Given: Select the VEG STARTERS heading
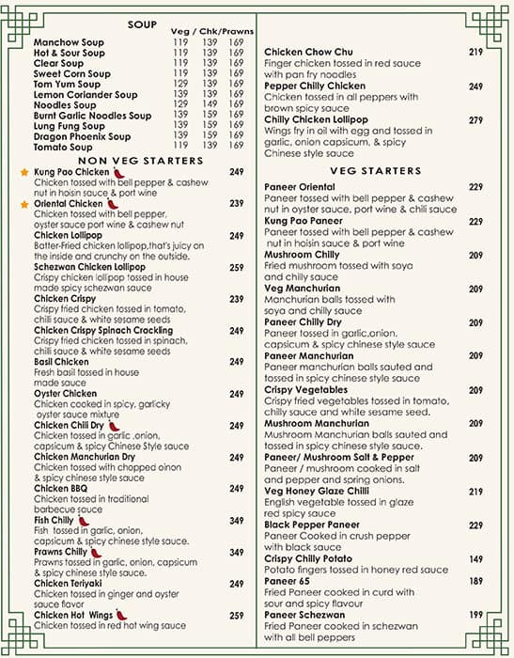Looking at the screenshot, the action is tap(376, 171).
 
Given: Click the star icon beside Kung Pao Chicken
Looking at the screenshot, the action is tap(24, 173).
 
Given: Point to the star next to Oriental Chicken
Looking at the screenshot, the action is tap(24, 204).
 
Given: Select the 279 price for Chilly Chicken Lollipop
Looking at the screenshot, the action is tap(475, 120).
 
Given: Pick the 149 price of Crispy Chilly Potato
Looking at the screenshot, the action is tap(475, 559).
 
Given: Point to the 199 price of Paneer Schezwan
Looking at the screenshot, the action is tap(475, 615).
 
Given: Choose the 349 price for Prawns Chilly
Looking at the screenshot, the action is tap(236, 552).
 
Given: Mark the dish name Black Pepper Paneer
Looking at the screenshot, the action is tap(312, 525).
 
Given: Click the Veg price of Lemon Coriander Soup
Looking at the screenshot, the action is tap(180, 95).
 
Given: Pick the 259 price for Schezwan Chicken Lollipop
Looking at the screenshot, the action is tap(236, 268).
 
